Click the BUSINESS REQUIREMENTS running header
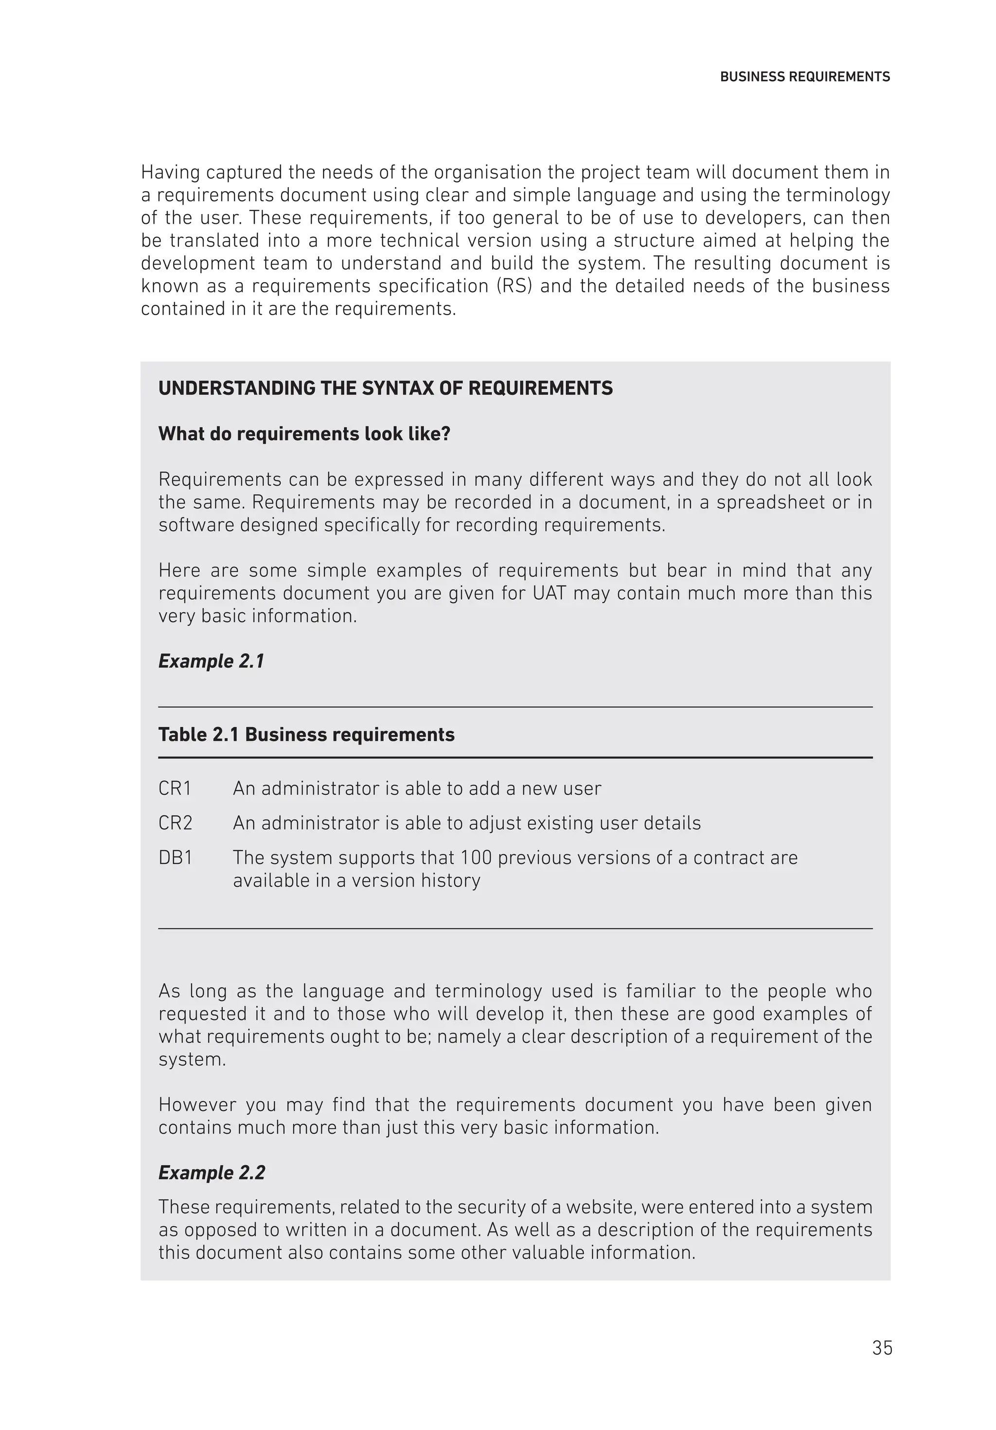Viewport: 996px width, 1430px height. point(804,77)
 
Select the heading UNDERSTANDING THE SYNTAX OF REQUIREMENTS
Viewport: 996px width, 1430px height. point(385,389)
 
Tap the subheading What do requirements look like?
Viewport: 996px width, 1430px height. point(304,434)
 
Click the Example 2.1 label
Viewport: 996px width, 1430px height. point(211,661)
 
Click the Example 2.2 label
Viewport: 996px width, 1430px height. point(211,1173)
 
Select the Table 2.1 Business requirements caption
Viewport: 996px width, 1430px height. point(306,735)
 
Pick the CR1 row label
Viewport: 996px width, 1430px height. point(175,789)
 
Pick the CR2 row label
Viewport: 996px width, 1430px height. point(175,823)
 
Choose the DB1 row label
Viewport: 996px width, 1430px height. point(175,858)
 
